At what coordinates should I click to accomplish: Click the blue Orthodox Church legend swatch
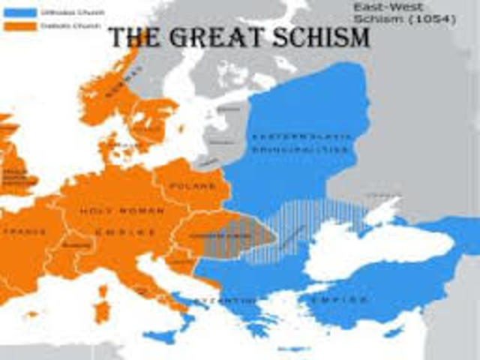coord(18,12)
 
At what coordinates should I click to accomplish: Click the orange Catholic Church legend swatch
coord(18,25)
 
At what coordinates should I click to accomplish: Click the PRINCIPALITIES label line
coord(299,149)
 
